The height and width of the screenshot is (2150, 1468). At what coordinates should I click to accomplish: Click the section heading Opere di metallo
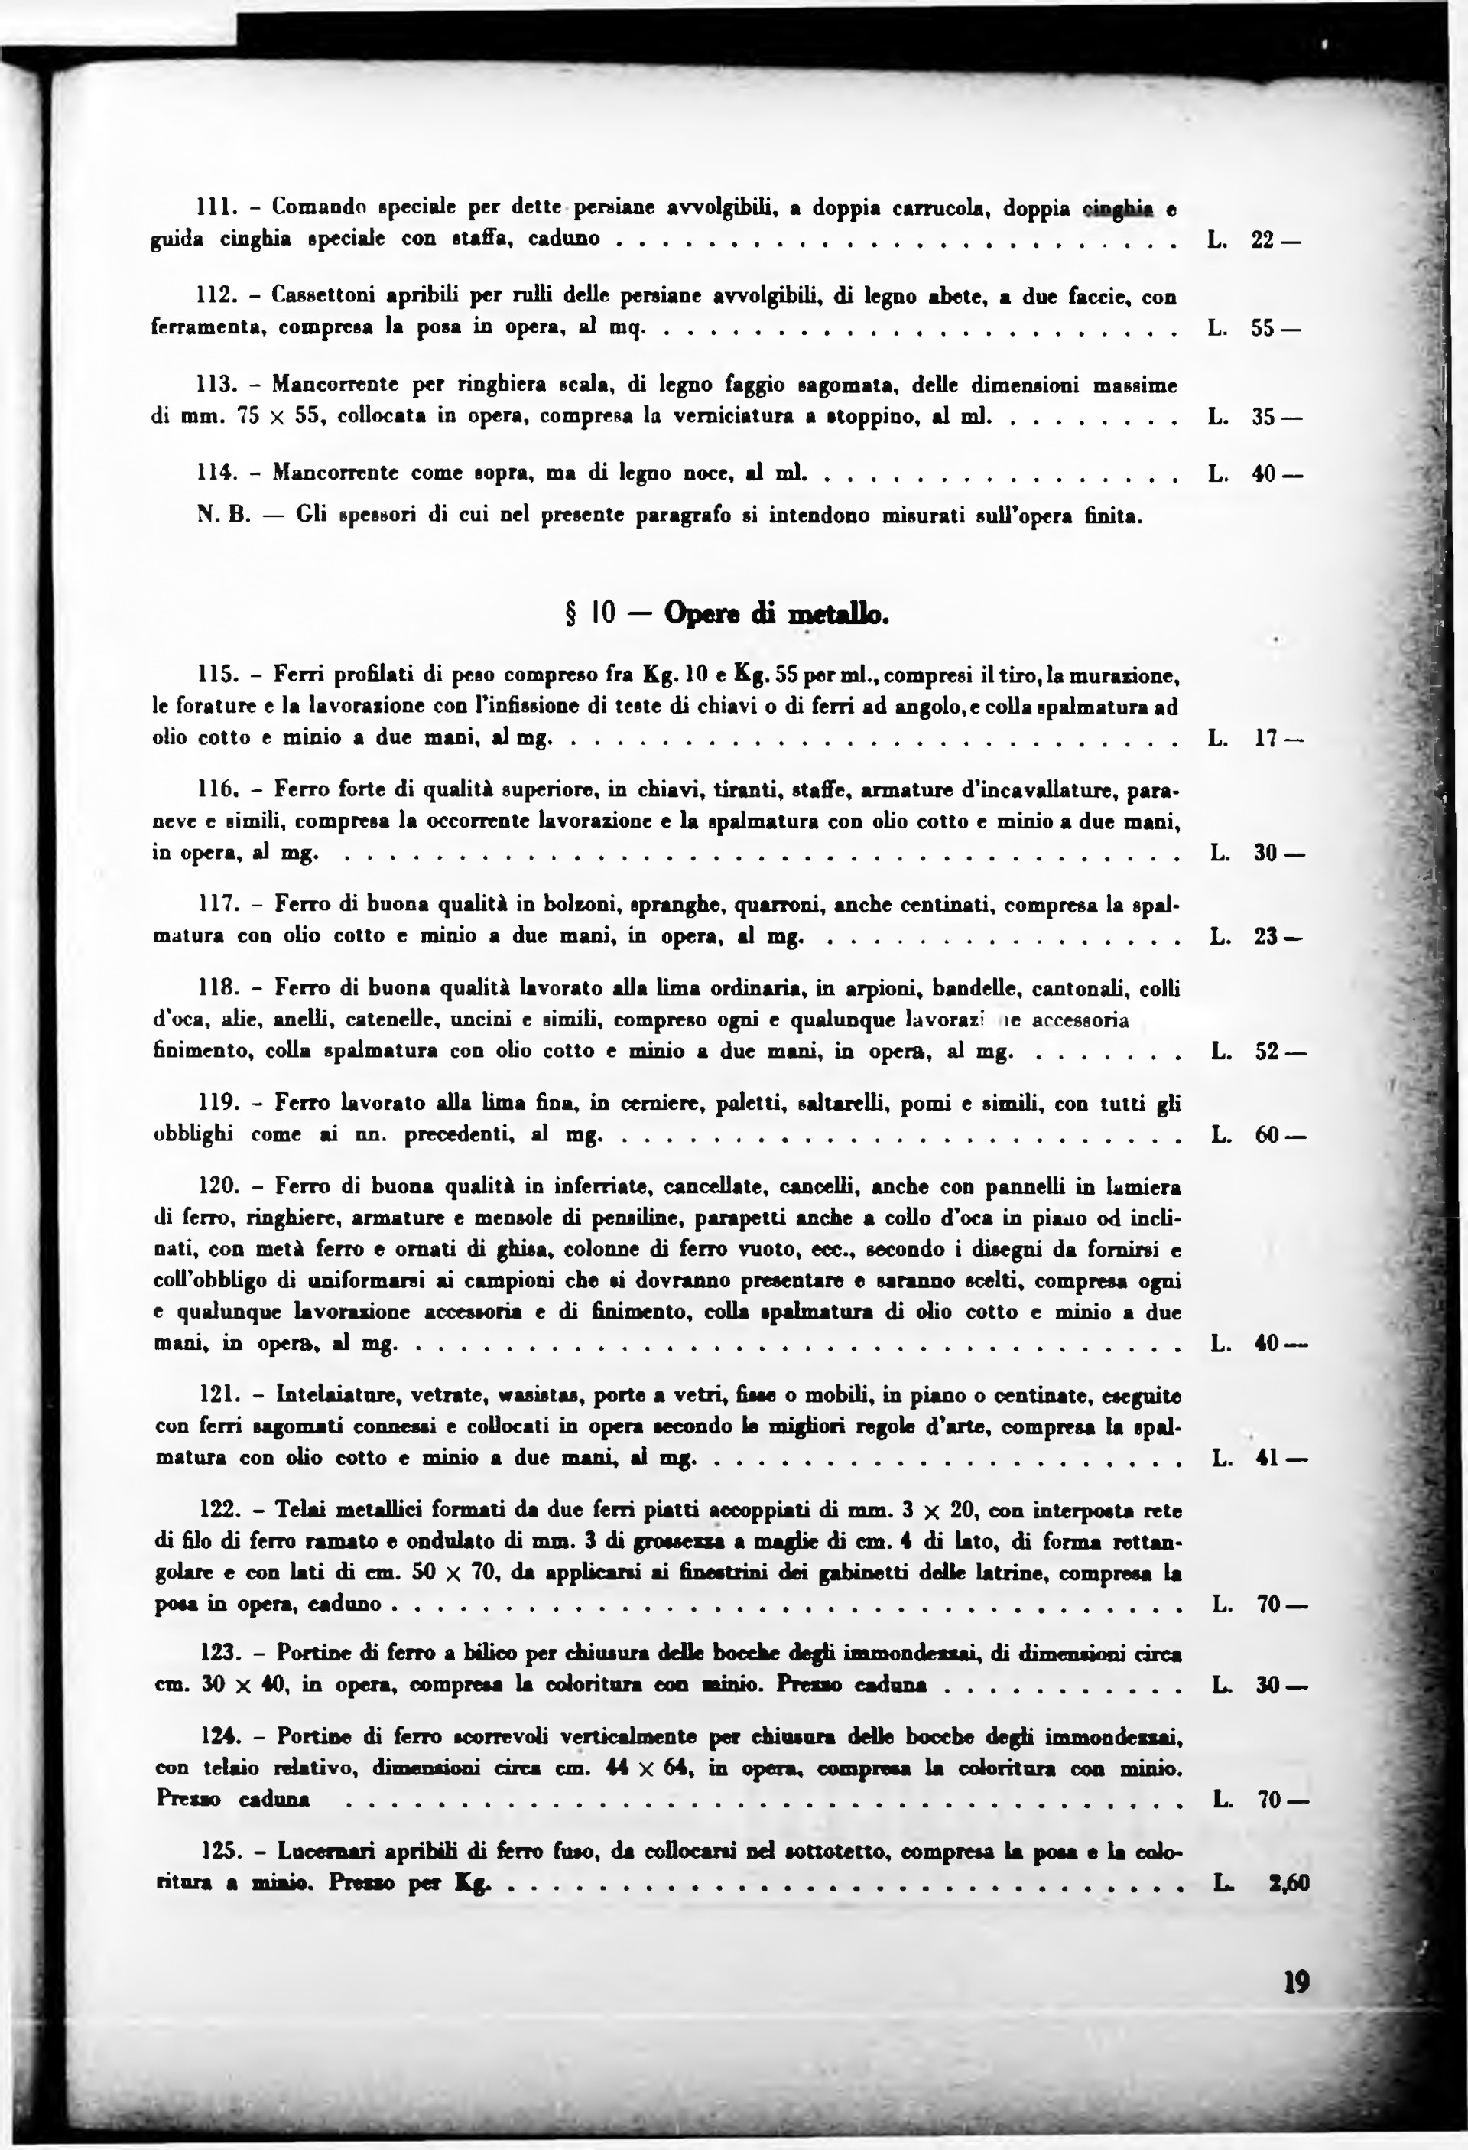click(776, 614)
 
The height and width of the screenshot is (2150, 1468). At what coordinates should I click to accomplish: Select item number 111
click(215, 208)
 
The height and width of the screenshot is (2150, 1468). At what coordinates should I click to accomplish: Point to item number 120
click(219, 1187)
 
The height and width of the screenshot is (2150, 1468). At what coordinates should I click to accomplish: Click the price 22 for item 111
click(1264, 239)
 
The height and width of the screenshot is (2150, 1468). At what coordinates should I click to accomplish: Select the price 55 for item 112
click(1264, 327)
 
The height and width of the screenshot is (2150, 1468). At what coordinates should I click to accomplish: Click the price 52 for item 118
click(1266, 1052)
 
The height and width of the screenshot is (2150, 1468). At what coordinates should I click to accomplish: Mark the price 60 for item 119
click(1266, 1135)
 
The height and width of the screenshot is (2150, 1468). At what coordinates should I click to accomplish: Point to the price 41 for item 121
click(1266, 1459)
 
